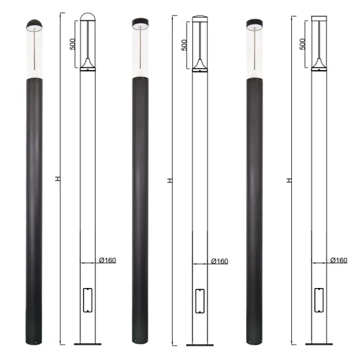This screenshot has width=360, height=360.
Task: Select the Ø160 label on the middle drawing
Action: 219,261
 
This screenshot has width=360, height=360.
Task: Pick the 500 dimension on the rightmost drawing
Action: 302,44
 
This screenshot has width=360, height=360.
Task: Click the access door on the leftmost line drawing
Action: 88,300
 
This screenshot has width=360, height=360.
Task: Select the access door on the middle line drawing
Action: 200,300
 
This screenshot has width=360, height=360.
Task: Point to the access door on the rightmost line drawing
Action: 318,300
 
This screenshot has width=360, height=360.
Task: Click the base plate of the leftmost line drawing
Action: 88,344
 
